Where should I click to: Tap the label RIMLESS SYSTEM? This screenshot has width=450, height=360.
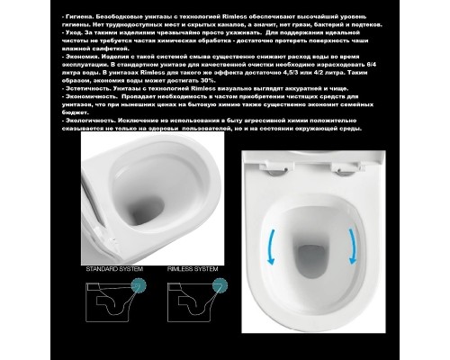pyautogui.click(x=192, y=269)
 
